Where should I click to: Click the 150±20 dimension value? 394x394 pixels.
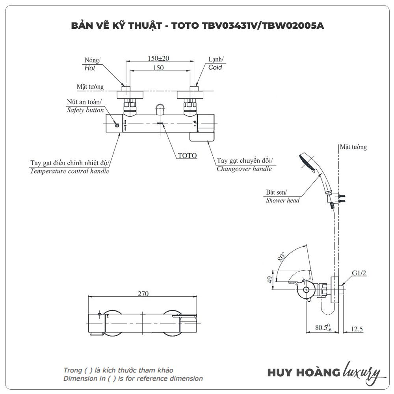[158, 58]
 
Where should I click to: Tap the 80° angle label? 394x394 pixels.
[281, 257]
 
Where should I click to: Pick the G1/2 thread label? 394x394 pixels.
[359, 273]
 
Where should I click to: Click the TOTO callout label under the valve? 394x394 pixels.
[187, 156]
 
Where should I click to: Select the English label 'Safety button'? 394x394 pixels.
[85, 110]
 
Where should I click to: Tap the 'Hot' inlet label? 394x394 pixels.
[90, 68]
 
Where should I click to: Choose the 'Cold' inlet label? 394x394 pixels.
[215, 67]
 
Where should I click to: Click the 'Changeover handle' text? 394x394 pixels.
[244, 169]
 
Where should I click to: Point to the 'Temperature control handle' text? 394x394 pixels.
[70, 171]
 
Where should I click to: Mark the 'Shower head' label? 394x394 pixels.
[282, 201]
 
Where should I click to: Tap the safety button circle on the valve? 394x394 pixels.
[117, 125]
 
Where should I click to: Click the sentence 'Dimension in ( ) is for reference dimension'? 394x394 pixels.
[133, 379]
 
